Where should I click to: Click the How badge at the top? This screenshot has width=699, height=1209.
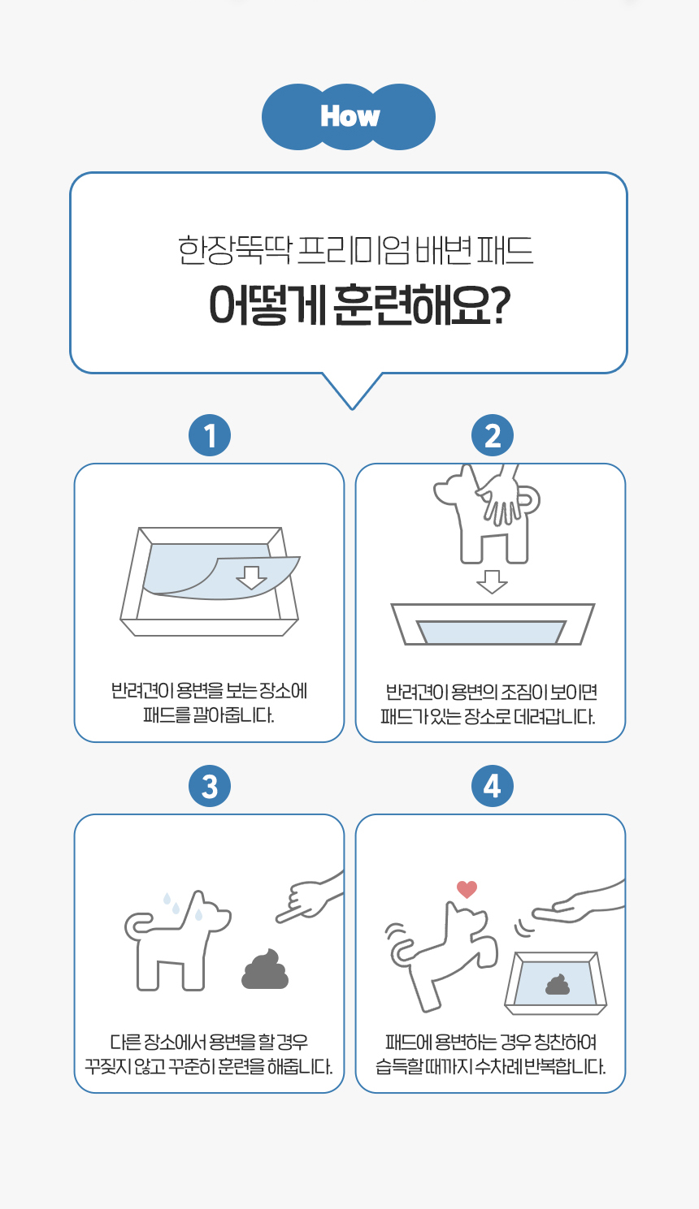click(x=349, y=116)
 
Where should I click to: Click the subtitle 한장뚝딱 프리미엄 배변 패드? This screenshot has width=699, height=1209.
click(x=355, y=250)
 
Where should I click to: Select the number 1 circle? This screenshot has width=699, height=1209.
click(x=210, y=436)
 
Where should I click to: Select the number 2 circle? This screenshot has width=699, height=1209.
click(x=492, y=436)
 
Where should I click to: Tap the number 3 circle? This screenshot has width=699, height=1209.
click(x=210, y=786)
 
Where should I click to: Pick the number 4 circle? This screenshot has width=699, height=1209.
click(x=492, y=786)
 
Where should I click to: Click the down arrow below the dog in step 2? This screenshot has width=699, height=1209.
click(x=491, y=582)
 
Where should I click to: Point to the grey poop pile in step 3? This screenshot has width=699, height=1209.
click(x=266, y=969)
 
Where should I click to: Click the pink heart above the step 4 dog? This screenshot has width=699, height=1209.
click(x=467, y=889)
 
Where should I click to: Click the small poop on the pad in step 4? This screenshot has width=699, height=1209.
click(x=558, y=986)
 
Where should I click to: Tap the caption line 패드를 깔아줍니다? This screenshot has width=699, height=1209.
click(x=209, y=716)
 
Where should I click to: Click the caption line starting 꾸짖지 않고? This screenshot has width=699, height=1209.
click(x=209, y=1066)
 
